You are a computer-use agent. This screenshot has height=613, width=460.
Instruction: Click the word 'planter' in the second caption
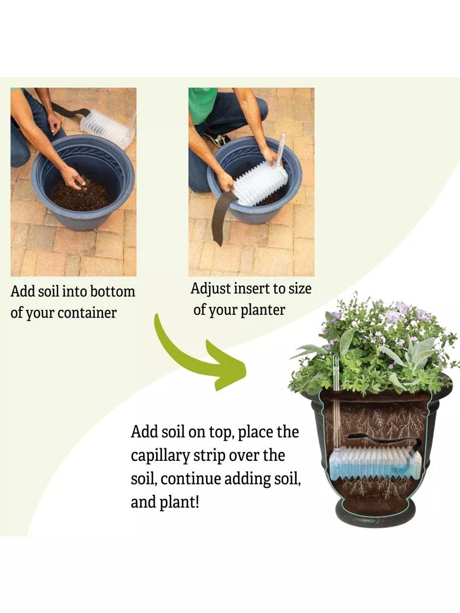[262, 310]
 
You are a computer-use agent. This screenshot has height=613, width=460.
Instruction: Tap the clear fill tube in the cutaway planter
[336, 403]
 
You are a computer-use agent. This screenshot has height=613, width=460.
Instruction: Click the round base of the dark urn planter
[376, 512]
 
